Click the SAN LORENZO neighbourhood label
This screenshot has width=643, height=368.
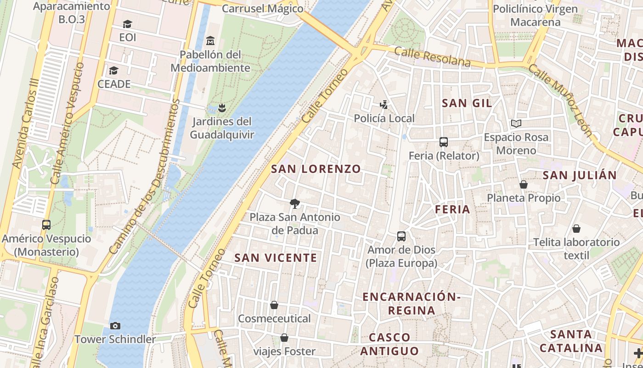click(316, 169)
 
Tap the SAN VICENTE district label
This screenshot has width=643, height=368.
click(276, 258)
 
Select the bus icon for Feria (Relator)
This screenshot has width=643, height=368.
click(444, 142)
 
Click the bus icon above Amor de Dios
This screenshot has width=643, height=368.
click(401, 236)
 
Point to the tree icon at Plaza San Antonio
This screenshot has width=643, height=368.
click(295, 203)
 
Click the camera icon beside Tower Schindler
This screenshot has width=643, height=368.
click(115, 326)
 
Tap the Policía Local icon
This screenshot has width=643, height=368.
click(384, 105)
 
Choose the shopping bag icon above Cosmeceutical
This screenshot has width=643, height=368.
click(274, 305)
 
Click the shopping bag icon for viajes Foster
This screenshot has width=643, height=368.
click(284, 338)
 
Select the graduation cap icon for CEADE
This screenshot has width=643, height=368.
click(113, 70)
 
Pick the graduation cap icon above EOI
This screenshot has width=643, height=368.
click(127, 24)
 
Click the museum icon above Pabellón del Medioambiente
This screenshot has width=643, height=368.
click(210, 41)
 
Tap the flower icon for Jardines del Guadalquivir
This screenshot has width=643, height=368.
click(222, 108)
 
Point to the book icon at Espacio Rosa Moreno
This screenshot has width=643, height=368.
click(516, 123)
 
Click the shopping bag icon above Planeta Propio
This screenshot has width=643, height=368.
click(523, 184)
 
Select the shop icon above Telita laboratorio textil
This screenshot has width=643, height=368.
click(576, 229)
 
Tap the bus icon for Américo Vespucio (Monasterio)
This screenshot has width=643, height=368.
click(46, 225)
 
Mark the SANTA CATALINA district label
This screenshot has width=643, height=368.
click(570, 341)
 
